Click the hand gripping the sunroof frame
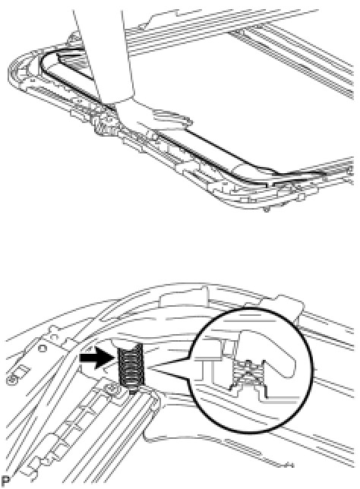150,117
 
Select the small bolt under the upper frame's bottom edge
266,210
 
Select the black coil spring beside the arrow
131,365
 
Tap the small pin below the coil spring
133,390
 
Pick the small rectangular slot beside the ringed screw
21,371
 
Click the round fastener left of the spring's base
111,388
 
